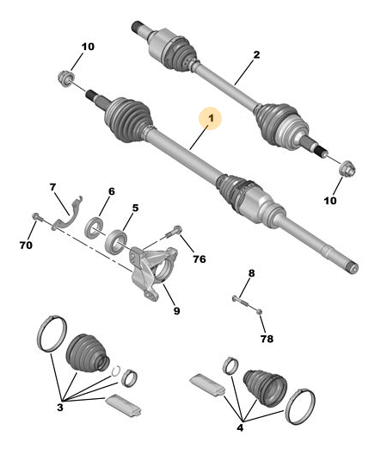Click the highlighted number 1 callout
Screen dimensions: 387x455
tap(211, 118)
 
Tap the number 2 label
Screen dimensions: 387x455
tap(256, 55)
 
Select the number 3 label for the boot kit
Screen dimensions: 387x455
tap(60, 408)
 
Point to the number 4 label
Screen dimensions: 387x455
tap(240, 427)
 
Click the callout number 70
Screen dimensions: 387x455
tap(26, 246)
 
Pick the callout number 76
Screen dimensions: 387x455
tap(200, 259)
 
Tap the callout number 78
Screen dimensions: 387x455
tap(267, 339)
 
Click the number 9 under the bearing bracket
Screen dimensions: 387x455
tap(176, 311)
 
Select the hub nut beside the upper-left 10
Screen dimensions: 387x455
tap(66, 78)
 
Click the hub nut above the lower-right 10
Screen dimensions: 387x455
tap(347, 169)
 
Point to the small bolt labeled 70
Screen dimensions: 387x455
tap(37, 216)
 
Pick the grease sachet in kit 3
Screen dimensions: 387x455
tap(124, 405)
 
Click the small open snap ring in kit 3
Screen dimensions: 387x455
tap(116, 371)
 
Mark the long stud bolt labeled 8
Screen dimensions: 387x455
tap(247, 304)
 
